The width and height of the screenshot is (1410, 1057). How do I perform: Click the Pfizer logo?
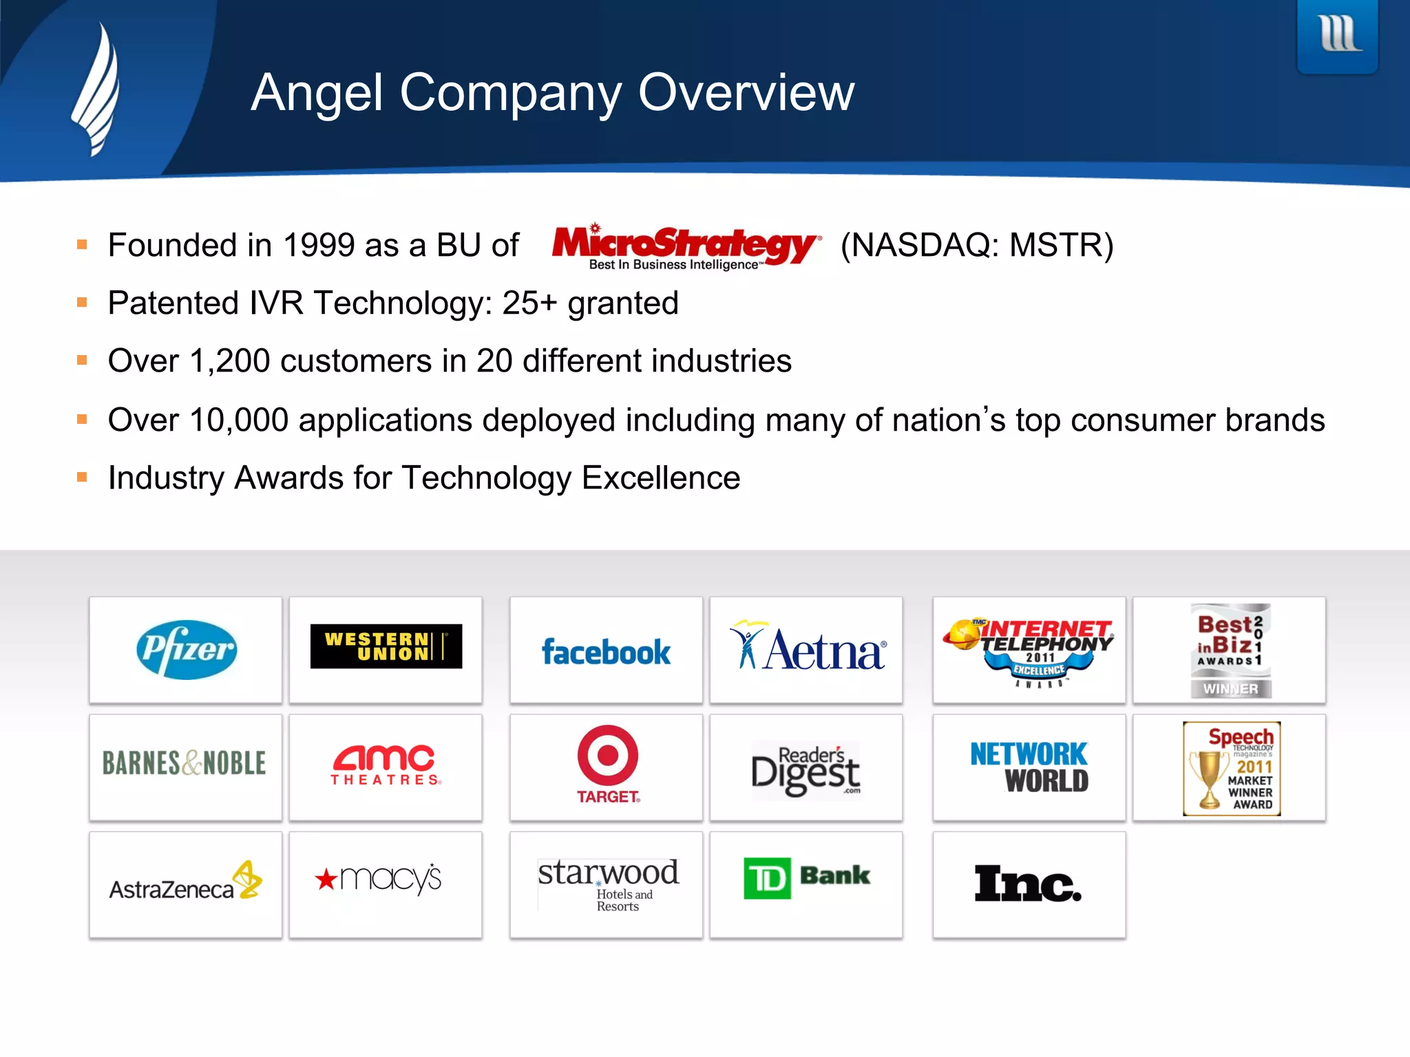(x=187, y=650)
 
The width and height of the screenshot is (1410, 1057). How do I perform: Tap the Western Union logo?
(x=386, y=646)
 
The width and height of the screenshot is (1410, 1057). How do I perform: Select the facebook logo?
(x=606, y=652)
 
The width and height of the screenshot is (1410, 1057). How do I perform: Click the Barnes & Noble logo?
(x=185, y=763)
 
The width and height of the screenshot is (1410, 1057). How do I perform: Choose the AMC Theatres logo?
(x=386, y=765)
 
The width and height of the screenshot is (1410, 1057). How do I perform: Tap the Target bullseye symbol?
(x=608, y=755)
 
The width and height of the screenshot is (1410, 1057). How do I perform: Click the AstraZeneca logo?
(x=185, y=883)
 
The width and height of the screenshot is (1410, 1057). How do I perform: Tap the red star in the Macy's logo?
(x=326, y=879)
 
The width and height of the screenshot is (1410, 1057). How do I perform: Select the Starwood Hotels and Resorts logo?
(x=608, y=884)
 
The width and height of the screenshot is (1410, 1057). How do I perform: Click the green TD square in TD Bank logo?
(x=767, y=878)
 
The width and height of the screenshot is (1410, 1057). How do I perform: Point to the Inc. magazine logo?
(x=1028, y=884)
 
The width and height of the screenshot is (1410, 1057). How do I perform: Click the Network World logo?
(x=1029, y=767)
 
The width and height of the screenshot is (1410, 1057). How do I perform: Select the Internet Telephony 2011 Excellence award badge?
(x=1029, y=650)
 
